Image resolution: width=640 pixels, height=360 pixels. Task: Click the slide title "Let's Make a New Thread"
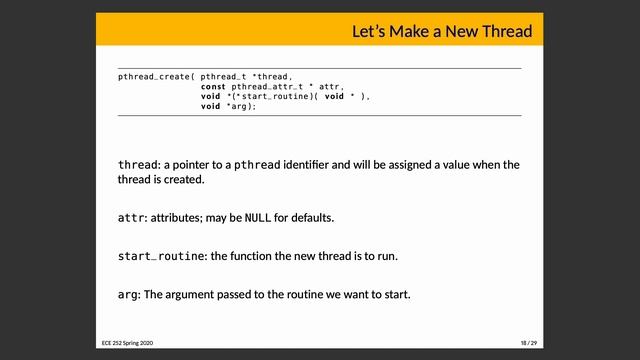(x=441, y=32)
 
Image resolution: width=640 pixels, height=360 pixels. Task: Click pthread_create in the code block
(x=155, y=76)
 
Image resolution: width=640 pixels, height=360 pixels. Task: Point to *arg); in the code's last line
(x=243, y=107)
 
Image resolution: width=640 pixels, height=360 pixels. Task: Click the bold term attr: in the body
(x=130, y=218)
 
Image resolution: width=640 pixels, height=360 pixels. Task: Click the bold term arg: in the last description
(x=128, y=294)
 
